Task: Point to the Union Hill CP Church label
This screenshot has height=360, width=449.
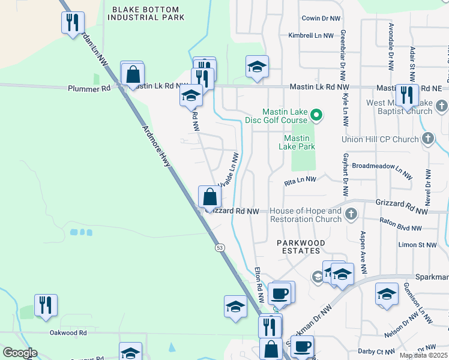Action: coord(379,140)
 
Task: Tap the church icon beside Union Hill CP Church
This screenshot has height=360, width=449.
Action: coord(427,139)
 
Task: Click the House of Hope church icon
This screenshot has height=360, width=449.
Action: coord(351,214)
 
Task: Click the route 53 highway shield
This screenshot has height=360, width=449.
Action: coord(220,247)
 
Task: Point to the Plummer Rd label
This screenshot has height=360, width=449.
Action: coord(89,88)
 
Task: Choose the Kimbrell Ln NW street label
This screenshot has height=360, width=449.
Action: coord(310,36)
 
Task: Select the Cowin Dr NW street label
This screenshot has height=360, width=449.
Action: coord(318,19)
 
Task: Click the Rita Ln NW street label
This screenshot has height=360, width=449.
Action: coord(300,179)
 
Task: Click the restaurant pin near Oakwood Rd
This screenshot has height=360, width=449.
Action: coord(46,305)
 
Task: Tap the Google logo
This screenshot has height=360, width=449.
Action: coord(20,353)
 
